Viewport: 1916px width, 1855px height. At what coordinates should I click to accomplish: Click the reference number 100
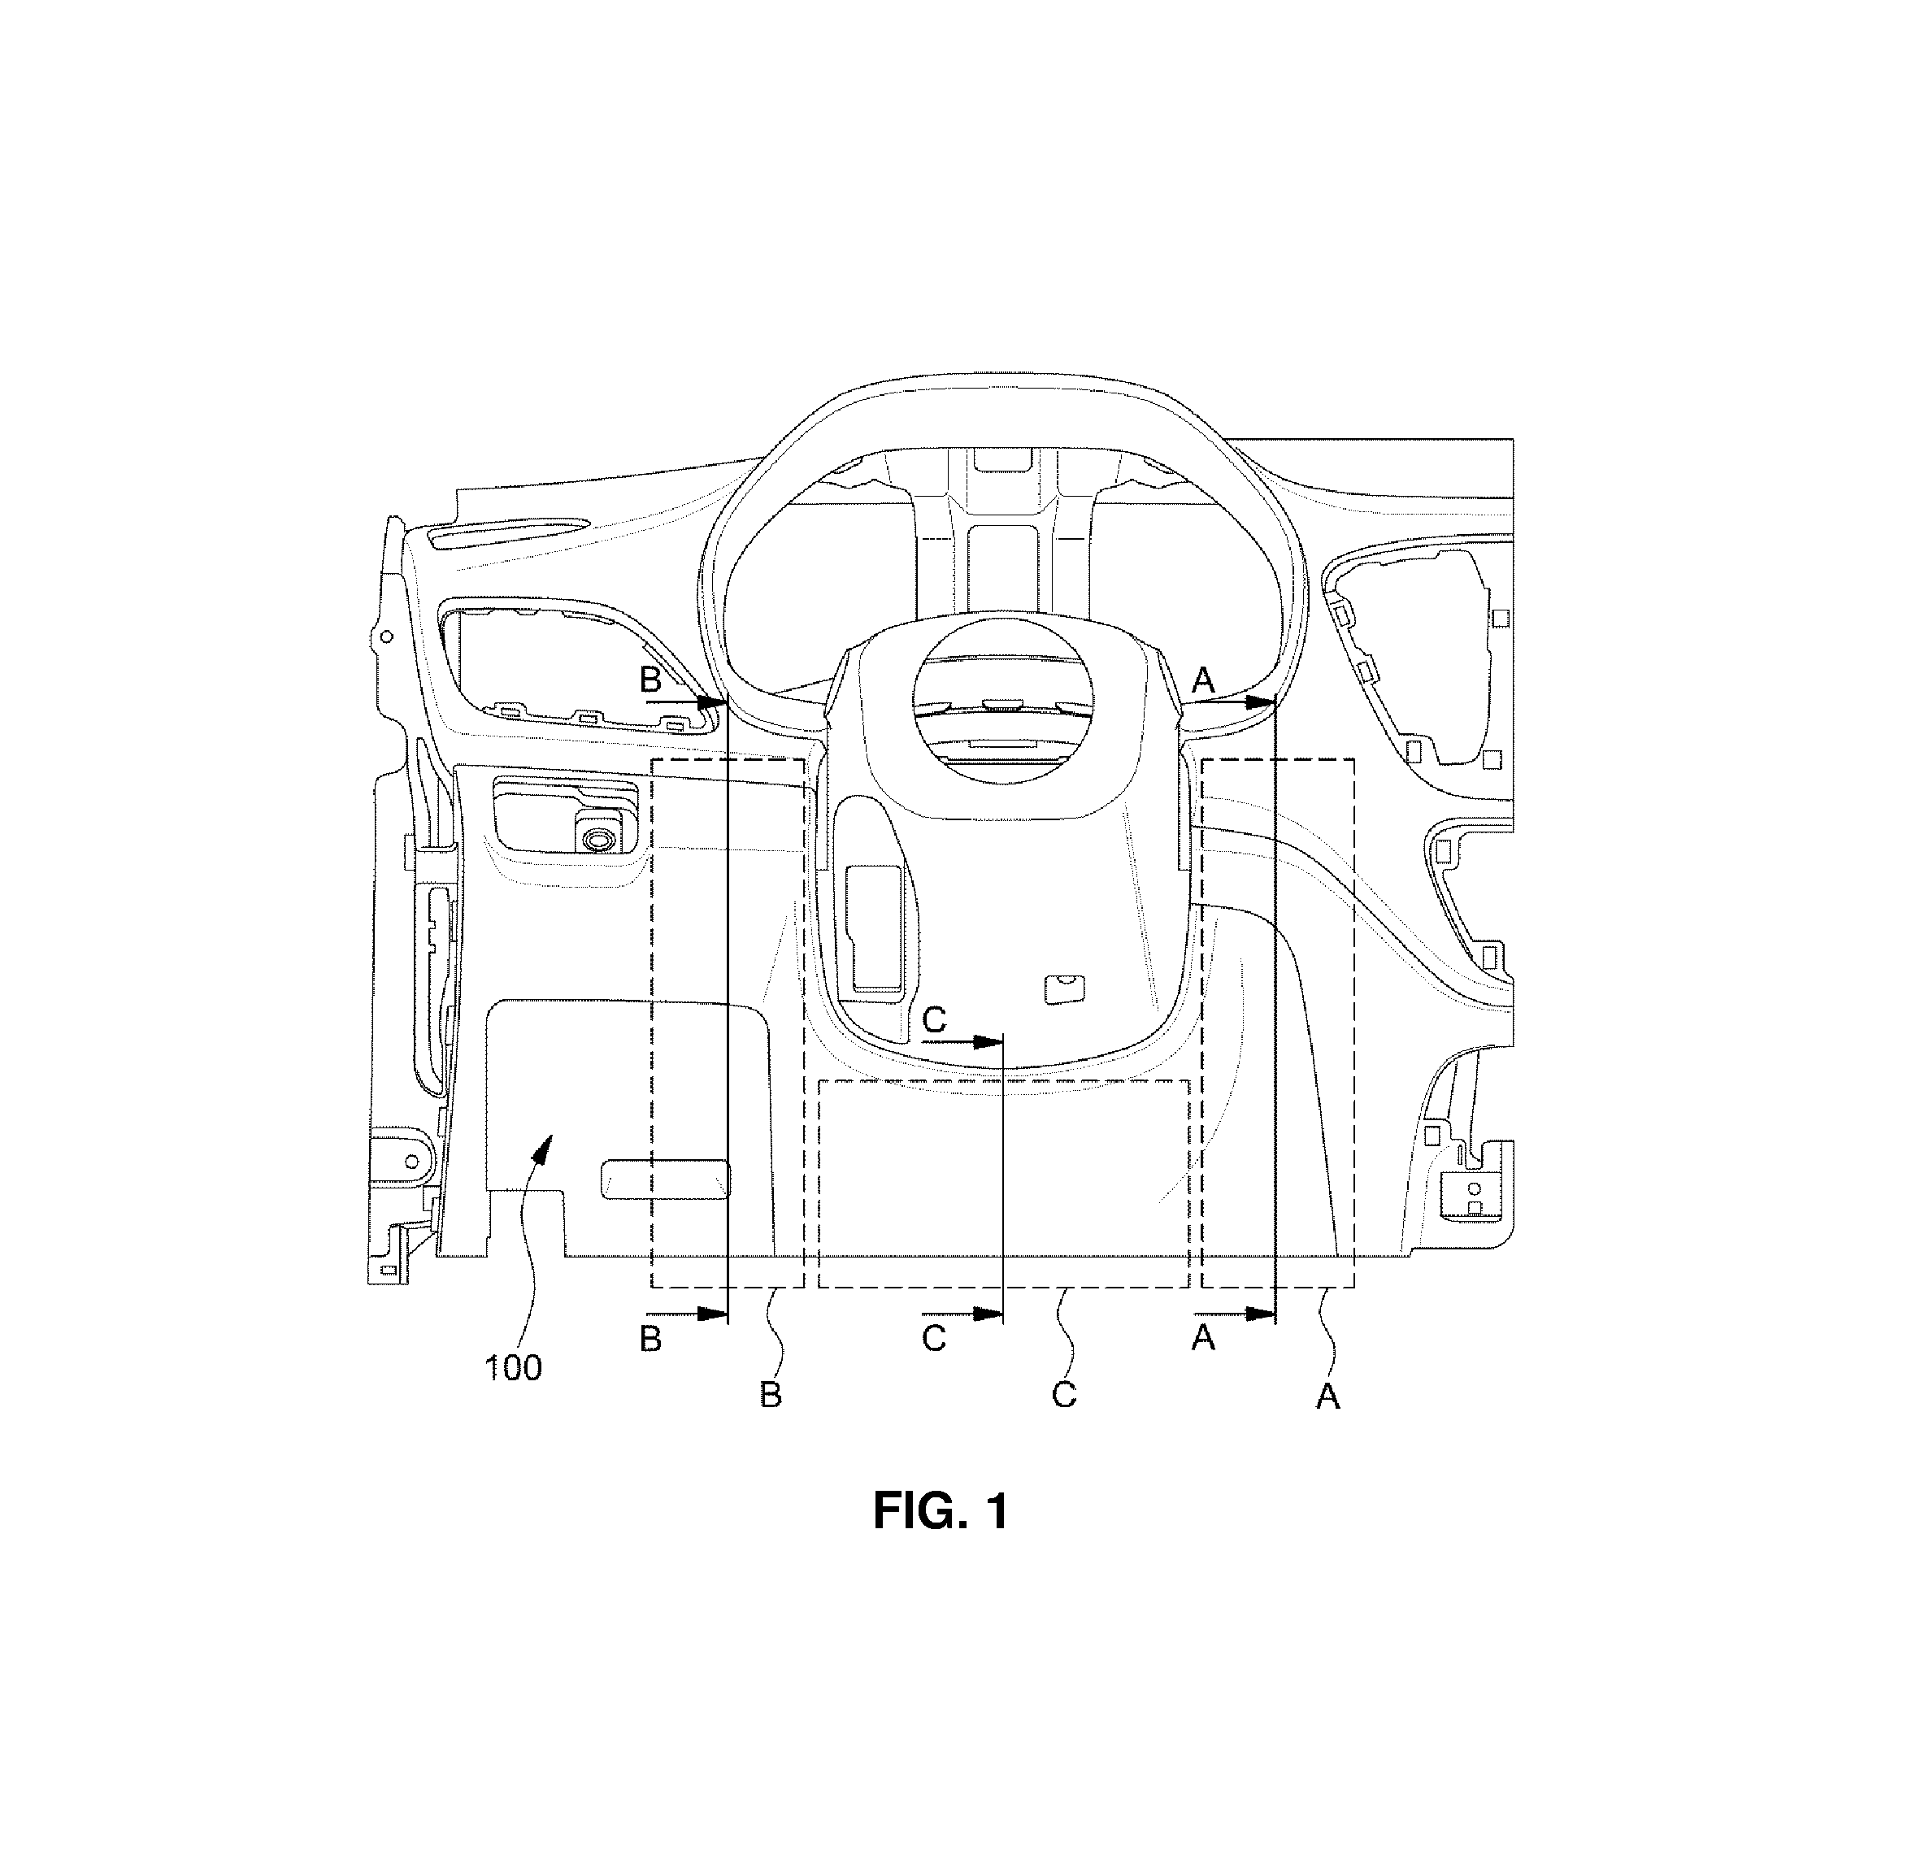513,1367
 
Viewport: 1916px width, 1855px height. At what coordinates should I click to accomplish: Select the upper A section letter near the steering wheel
1203,677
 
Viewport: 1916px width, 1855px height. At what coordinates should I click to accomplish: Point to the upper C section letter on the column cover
935,1020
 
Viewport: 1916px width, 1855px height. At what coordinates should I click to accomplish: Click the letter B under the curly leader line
771,1395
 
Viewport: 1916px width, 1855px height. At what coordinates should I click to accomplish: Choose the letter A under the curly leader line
1327,1397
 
